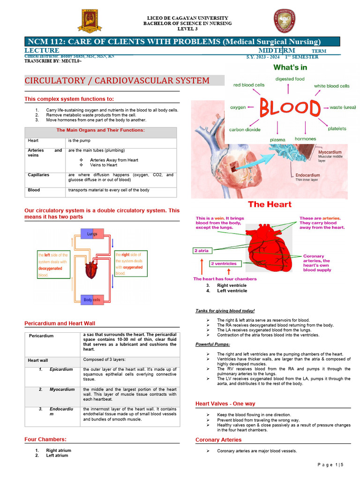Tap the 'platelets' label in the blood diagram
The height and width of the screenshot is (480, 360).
[x=337, y=128]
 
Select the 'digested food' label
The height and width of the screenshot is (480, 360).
[x=290, y=79]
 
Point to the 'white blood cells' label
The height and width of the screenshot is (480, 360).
[x=331, y=86]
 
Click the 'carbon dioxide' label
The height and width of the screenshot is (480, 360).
[x=245, y=130]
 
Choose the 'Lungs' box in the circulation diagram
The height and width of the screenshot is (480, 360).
[x=92, y=233]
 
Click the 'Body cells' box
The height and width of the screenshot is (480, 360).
[x=92, y=300]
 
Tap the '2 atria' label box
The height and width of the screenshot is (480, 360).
[x=202, y=251]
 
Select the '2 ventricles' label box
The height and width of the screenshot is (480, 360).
[x=224, y=263]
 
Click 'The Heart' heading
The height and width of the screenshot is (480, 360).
[x=270, y=204]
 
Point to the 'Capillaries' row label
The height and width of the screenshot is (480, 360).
[x=38, y=175]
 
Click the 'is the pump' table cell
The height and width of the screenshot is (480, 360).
[x=79, y=141]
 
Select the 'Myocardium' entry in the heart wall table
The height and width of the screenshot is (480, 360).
[x=62, y=390]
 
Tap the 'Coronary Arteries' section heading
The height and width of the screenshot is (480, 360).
[x=218, y=440]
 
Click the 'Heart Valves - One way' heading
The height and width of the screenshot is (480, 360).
[x=225, y=404]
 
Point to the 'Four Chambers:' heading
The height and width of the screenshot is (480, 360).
[x=45, y=439]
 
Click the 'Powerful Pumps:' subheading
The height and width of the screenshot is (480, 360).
[x=210, y=345]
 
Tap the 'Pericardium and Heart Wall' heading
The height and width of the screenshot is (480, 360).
[x=60, y=323]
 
